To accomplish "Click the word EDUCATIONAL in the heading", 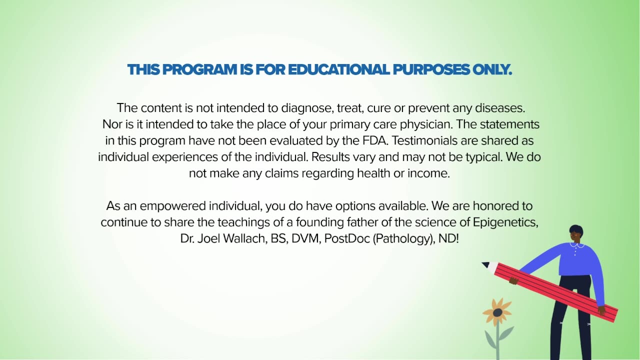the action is click(338, 69).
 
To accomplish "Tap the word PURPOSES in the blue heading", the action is click(431, 69).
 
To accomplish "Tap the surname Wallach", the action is click(245, 238).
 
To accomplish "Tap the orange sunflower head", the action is click(497, 312).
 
